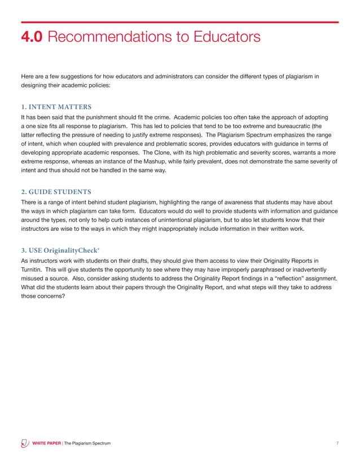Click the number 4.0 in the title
(32, 38)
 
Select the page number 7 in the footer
(337, 444)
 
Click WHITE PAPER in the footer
(46, 444)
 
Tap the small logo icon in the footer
(24, 443)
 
